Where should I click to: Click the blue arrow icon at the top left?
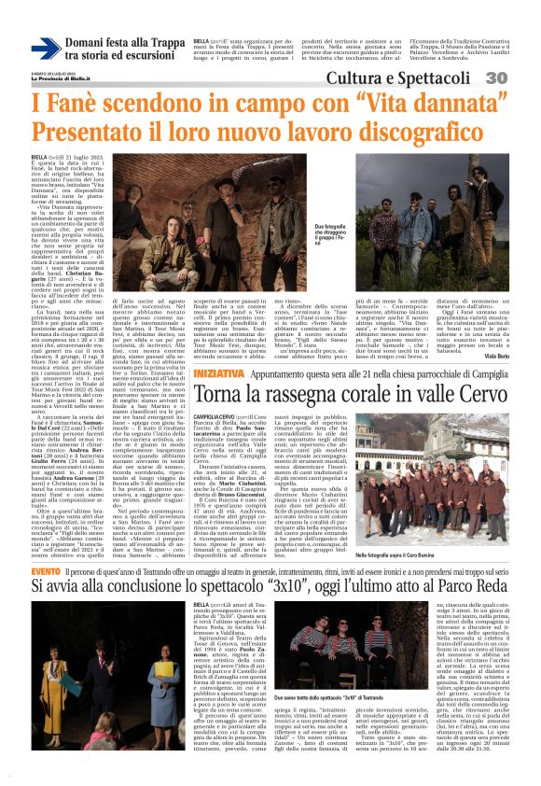click(x=46, y=49)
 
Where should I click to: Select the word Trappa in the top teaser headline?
click(x=160, y=43)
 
